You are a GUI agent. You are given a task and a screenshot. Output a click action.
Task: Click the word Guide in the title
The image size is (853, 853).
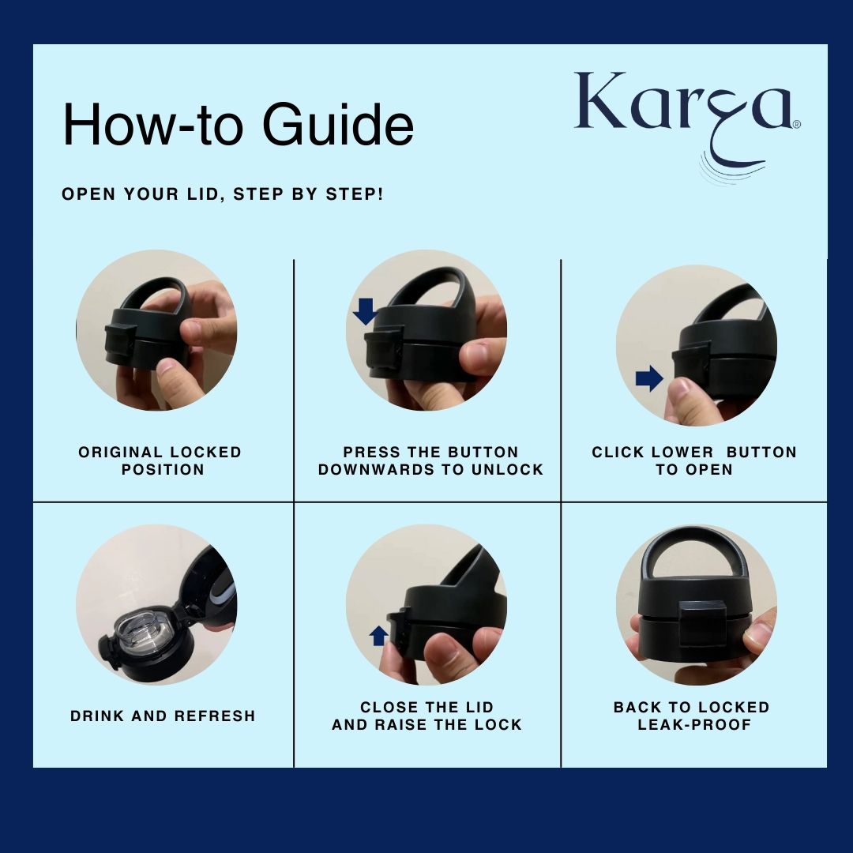pyautogui.click(x=338, y=124)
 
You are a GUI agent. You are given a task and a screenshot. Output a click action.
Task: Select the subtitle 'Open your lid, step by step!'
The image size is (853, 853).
pyautogui.click(x=223, y=194)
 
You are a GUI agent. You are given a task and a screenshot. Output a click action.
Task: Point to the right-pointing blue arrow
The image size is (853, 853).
pyautogui.click(x=649, y=378)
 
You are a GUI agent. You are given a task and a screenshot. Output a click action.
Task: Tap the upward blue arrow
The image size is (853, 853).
pyautogui.click(x=378, y=635)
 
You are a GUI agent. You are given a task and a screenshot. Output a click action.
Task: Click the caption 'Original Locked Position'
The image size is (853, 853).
pyautogui.click(x=160, y=460)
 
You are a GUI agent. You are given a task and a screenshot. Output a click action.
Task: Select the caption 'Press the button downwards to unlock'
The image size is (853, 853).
pyautogui.click(x=431, y=460)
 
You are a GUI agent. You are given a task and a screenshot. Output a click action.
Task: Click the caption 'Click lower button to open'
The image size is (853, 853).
pyautogui.click(x=694, y=460)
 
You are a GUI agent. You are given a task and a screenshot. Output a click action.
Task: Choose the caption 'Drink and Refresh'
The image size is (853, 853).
pyautogui.click(x=163, y=716)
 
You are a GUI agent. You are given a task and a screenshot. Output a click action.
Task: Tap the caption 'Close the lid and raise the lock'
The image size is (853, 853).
pyautogui.click(x=427, y=716)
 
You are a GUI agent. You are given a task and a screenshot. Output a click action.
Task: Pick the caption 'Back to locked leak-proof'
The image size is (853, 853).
pyautogui.click(x=692, y=716)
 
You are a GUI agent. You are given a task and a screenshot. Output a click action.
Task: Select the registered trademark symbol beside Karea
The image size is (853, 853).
pyautogui.click(x=797, y=124)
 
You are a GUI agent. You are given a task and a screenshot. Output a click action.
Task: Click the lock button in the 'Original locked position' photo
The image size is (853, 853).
pyautogui.click(x=121, y=340)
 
